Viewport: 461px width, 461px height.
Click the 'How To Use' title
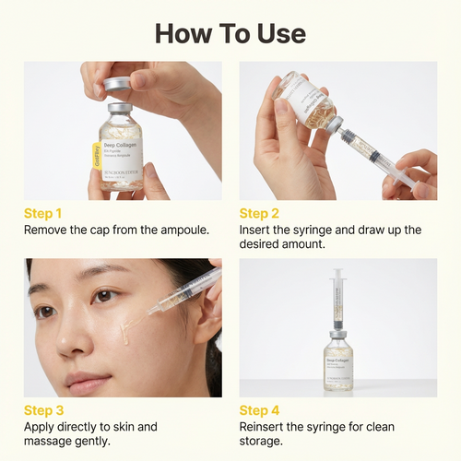(230, 34)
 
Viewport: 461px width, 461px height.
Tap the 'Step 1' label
(43, 213)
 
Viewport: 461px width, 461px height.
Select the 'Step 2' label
(259, 213)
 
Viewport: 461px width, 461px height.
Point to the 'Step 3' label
(43, 410)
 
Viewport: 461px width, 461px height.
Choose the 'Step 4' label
(259, 410)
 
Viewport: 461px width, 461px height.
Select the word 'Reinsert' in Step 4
(267, 427)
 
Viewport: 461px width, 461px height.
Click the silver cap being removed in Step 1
(118, 85)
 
